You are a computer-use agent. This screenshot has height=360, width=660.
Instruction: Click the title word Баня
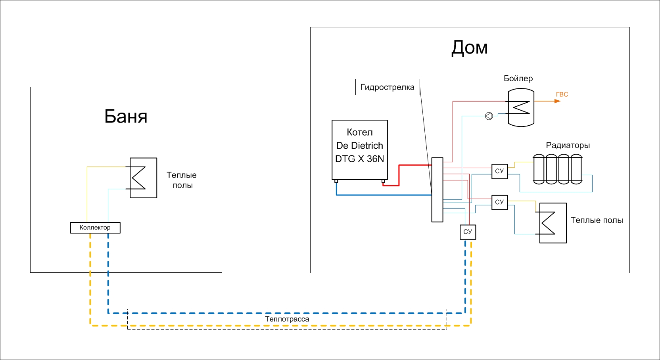[x=126, y=116]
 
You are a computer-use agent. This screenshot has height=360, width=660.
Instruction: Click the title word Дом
[x=470, y=48]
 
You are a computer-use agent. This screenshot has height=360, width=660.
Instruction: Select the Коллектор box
[x=95, y=228]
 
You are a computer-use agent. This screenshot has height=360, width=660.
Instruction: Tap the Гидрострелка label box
[x=387, y=87]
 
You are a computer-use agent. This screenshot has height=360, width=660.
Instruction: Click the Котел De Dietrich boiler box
[x=360, y=150]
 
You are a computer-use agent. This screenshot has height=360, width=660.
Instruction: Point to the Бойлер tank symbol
[x=521, y=107]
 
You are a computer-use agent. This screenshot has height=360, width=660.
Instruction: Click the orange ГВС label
[x=562, y=94]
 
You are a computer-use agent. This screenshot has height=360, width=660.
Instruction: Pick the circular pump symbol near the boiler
[x=489, y=116]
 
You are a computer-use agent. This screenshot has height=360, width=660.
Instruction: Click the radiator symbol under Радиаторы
[x=557, y=169]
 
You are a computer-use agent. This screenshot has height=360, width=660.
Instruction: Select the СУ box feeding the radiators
[x=499, y=171]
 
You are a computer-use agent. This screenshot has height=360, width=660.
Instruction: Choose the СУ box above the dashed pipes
[x=468, y=232]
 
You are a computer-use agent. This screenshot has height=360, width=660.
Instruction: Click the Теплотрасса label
[x=287, y=319]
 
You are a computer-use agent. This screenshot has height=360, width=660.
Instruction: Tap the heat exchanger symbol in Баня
[x=143, y=178]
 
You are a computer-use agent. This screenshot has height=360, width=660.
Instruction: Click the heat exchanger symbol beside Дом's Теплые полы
[x=553, y=223]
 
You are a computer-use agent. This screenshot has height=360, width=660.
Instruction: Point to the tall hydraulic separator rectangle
[x=437, y=190]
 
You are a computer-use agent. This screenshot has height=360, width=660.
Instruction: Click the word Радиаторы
[x=568, y=145]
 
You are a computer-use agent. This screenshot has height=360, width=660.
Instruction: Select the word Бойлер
[x=518, y=79]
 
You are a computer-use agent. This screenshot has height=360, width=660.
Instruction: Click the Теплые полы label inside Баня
[x=182, y=180]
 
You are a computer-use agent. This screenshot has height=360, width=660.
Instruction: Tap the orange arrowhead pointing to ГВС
[x=557, y=101]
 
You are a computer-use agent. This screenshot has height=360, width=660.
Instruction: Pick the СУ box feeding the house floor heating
[x=499, y=202]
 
